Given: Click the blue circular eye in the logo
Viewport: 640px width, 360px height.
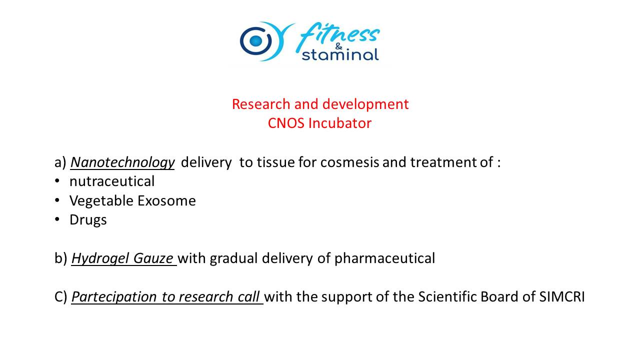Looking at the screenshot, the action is point(255,41).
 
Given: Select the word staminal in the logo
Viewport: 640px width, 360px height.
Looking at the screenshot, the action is point(340,54).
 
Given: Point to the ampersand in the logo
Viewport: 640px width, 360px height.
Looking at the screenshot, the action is point(338,46).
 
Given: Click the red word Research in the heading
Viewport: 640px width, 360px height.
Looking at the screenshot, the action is point(261,104).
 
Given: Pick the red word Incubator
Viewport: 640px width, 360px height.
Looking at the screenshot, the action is point(340,123).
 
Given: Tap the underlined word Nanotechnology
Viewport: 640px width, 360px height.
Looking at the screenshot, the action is point(122,162).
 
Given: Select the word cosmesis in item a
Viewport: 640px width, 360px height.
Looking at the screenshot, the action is point(349,162).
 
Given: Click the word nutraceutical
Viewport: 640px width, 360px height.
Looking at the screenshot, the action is point(112,181).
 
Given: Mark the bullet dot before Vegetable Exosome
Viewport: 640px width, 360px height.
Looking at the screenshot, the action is point(57,200).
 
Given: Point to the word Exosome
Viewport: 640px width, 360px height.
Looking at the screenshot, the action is point(166,200).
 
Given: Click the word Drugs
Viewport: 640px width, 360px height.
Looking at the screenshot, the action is point(88,220).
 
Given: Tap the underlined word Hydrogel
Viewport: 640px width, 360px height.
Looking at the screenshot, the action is point(100,258).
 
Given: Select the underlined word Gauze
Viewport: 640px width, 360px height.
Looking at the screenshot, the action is point(153,258).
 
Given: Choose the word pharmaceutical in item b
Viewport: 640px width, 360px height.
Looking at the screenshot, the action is point(384,258).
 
